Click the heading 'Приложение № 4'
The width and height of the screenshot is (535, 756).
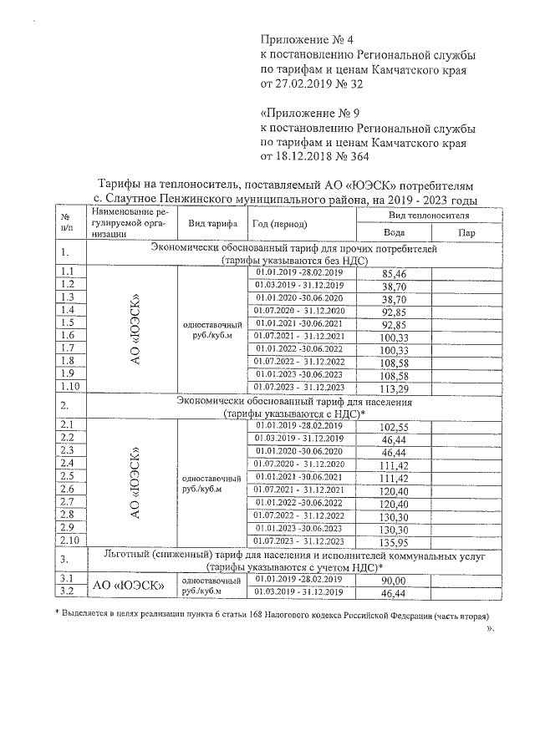[x=308, y=39]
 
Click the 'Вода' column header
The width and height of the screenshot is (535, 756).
[x=393, y=233]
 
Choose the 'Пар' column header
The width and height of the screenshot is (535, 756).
[x=466, y=233]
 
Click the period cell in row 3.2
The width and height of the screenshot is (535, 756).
[x=300, y=591]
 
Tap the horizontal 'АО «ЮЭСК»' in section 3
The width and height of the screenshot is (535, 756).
[x=127, y=586]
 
